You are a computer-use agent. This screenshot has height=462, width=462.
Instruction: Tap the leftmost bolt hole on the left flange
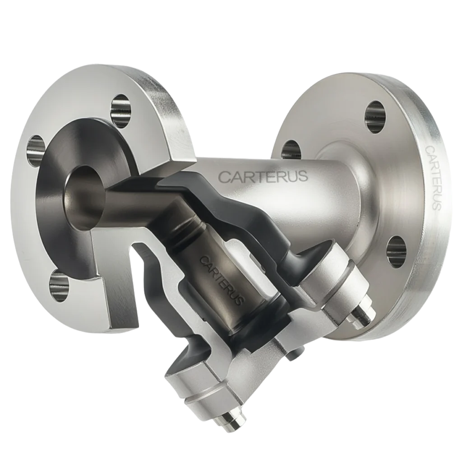[x=36, y=151]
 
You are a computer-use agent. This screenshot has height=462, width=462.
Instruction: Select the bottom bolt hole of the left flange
[x=60, y=284]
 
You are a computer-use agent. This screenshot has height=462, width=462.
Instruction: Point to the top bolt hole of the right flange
[x=375, y=117]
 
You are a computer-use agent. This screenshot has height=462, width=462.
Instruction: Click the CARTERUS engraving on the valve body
[x=263, y=176]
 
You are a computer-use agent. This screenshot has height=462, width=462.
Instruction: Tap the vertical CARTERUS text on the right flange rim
[x=433, y=177]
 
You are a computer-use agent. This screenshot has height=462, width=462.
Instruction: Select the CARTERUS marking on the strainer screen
[x=222, y=280]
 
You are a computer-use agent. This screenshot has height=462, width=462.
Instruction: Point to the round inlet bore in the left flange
[x=84, y=198]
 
